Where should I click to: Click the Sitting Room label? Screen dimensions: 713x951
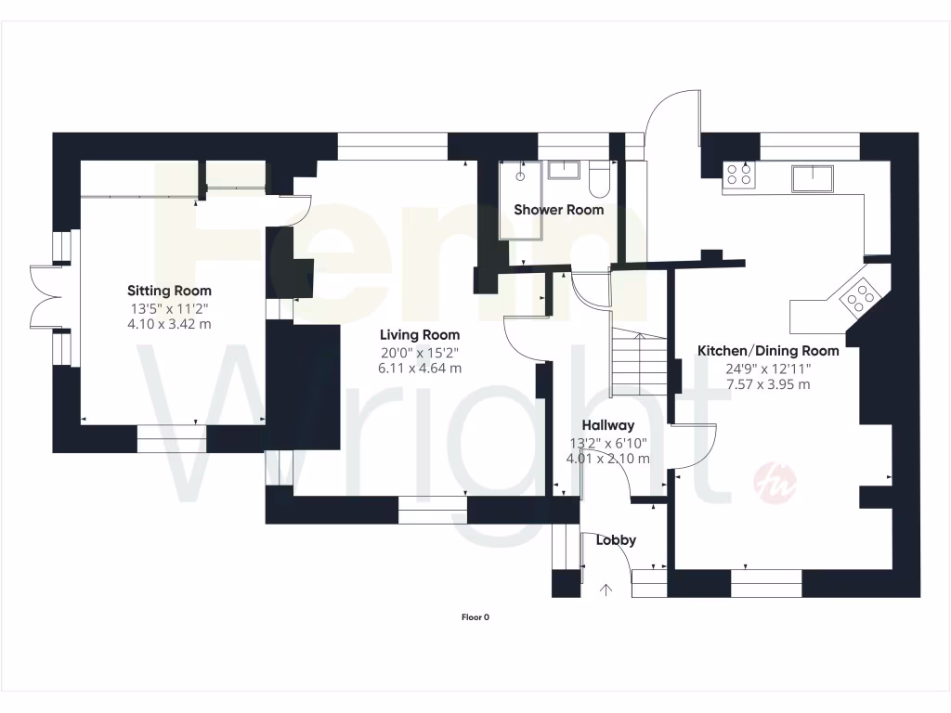(169, 291)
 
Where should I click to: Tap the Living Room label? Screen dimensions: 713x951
(419, 334)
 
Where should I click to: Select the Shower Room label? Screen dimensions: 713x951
(559, 210)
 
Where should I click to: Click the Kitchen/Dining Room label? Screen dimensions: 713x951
(768, 351)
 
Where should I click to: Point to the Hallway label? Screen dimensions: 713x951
(607, 425)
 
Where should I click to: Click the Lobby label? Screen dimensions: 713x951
(615, 539)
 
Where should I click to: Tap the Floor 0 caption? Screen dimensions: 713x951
(475, 616)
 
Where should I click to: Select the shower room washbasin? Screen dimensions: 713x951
(563, 170)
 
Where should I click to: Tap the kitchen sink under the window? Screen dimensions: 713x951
(813, 175)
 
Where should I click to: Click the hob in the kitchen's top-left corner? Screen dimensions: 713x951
(739, 175)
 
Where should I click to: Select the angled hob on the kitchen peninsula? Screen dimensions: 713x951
(859, 296)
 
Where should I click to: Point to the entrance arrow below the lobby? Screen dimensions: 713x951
(607, 590)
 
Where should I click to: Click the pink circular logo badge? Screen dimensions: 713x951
(775, 482)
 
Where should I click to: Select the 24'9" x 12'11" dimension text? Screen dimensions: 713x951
(767, 369)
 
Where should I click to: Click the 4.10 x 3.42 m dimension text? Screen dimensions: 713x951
(169, 324)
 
